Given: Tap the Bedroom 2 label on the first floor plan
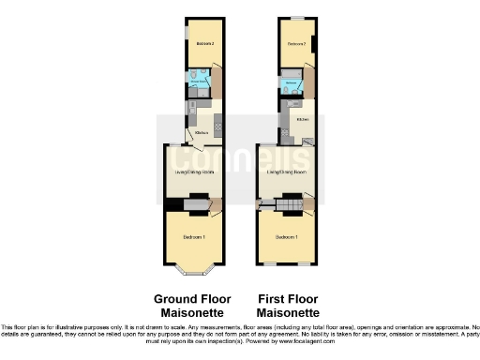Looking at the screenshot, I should pyautogui.click(x=296, y=44).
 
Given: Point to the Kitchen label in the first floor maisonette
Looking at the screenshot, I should pyautogui.click(x=303, y=119).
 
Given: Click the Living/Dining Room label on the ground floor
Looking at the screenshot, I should pyautogui.click(x=193, y=172).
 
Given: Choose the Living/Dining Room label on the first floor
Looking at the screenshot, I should pyautogui.click(x=286, y=172).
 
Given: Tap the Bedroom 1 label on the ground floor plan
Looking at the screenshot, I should pyautogui.click(x=193, y=236).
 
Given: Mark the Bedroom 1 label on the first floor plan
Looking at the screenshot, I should pyautogui.click(x=286, y=236).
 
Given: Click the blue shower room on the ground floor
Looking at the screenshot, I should pyautogui.click(x=197, y=80).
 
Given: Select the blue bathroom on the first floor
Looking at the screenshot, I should pyautogui.click(x=292, y=84).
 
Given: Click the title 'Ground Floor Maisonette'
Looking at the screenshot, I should pyautogui.click(x=192, y=306).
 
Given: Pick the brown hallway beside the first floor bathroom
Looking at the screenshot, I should pyautogui.click(x=309, y=84).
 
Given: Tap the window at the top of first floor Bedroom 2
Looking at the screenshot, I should pyautogui.click(x=296, y=19).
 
